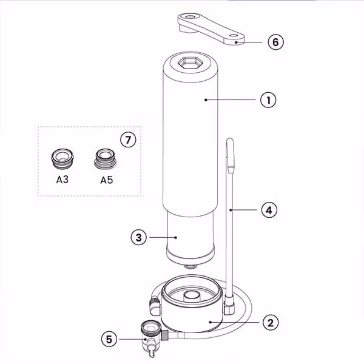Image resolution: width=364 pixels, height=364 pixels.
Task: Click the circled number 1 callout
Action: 268,100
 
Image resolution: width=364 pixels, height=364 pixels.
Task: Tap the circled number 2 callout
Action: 271,323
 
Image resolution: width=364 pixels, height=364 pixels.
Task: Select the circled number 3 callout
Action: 138,237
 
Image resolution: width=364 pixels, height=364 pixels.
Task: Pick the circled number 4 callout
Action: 269,210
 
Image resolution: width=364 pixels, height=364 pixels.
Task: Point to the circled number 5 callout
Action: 109,339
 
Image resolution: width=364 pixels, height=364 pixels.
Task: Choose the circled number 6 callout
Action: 275,42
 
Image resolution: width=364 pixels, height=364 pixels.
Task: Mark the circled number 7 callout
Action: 129,140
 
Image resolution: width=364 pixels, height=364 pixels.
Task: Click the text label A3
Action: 62,180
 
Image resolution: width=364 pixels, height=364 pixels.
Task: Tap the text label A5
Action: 107,180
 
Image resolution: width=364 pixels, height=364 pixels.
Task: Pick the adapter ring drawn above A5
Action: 106,159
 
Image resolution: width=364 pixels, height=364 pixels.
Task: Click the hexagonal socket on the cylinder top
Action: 190,62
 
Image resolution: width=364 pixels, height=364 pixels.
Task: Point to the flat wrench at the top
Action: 211,29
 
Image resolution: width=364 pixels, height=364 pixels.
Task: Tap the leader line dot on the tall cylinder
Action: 206,100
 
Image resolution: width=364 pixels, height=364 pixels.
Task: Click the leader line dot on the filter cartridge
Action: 176,237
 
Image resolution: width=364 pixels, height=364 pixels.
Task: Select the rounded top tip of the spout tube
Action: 230,140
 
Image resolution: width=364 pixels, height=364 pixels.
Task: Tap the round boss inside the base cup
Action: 192,295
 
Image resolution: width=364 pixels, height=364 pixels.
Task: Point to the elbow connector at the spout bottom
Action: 229,305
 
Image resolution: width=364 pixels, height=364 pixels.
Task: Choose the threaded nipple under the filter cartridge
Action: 190,266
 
